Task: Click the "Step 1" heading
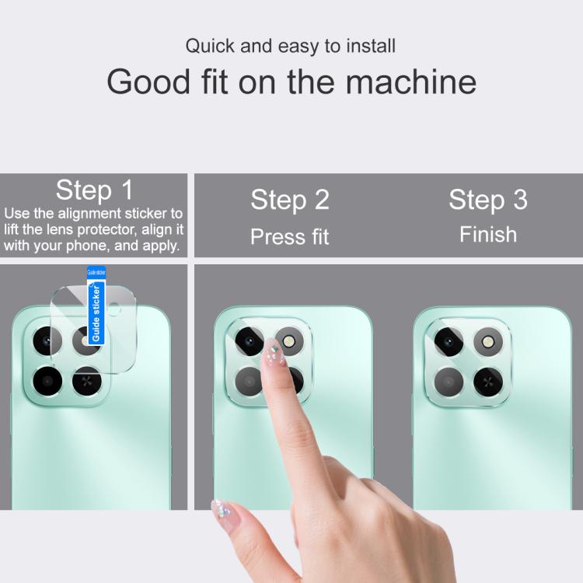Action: (x=94, y=190)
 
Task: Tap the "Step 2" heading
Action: (x=290, y=200)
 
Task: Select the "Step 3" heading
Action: (x=488, y=200)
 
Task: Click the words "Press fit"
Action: (x=290, y=236)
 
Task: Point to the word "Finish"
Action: (x=488, y=234)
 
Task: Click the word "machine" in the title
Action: (x=411, y=82)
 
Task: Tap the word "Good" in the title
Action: (x=148, y=82)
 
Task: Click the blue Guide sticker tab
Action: (x=96, y=305)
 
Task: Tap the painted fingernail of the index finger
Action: (x=274, y=352)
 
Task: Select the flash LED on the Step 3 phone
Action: (x=488, y=342)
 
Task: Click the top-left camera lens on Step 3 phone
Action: (x=449, y=342)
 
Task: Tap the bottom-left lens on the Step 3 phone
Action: (x=449, y=382)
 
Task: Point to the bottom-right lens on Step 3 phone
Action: (x=488, y=382)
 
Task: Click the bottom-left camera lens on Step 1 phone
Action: (x=47, y=381)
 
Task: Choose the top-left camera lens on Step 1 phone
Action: (x=47, y=341)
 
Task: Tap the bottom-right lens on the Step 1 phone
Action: (x=87, y=381)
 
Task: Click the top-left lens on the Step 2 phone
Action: (x=249, y=342)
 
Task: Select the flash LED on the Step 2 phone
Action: (x=289, y=341)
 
